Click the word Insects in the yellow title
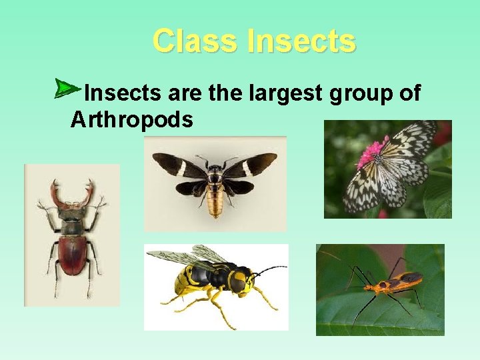[301, 41]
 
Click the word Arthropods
[132, 120]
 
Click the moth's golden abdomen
[215, 200]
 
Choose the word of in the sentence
[408, 93]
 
